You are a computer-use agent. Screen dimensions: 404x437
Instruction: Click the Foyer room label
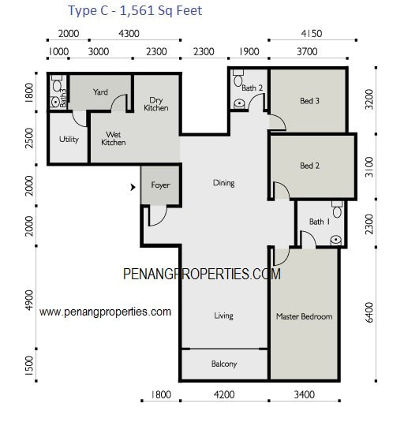click(x=160, y=185)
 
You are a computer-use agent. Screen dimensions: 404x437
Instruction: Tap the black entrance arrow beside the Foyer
click(x=133, y=187)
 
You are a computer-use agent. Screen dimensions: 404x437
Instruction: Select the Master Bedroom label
click(x=305, y=316)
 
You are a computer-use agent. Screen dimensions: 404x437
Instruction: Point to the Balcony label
click(x=224, y=364)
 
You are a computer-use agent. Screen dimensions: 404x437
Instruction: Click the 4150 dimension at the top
click(x=312, y=34)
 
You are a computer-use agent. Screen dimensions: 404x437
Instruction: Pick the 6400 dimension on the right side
click(x=369, y=312)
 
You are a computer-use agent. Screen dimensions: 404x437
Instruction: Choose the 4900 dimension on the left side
click(x=29, y=301)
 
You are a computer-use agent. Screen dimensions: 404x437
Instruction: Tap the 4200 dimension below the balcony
click(x=224, y=394)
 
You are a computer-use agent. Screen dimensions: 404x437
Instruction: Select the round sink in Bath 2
click(x=239, y=103)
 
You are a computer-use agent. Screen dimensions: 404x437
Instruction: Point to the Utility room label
click(x=69, y=139)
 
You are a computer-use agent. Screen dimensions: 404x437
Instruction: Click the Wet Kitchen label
click(x=113, y=139)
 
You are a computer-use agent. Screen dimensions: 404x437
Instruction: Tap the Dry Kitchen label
click(x=156, y=104)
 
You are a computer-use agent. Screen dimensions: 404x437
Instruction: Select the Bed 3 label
click(x=309, y=101)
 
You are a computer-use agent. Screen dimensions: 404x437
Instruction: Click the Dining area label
click(x=223, y=183)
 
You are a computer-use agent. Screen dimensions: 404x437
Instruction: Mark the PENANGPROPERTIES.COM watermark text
click(x=202, y=274)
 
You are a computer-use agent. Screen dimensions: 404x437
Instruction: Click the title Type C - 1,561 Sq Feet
click(x=135, y=11)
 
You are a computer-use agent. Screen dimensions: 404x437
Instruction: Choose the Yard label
click(x=100, y=92)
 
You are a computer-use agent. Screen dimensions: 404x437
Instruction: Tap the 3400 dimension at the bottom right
click(x=305, y=394)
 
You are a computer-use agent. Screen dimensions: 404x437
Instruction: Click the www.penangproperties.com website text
click(x=105, y=312)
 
